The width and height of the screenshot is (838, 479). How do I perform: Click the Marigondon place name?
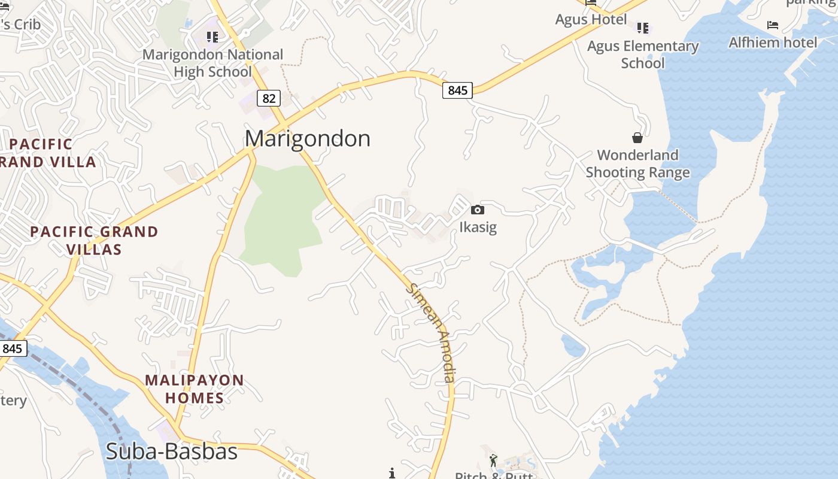click(x=308, y=139)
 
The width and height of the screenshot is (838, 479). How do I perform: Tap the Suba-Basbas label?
click(x=171, y=451)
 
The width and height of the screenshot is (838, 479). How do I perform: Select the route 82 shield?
click(x=269, y=98)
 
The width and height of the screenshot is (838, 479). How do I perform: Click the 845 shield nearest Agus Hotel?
click(x=457, y=90)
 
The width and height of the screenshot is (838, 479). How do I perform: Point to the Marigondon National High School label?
click(x=212, y=63)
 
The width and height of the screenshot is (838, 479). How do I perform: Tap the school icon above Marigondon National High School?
click(x=212, y=37)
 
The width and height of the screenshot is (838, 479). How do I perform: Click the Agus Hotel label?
click(x=591, y=19)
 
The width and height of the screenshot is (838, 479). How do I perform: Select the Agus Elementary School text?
click(x=643, y=54)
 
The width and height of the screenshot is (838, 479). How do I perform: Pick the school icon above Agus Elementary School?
click(x=643, y=28)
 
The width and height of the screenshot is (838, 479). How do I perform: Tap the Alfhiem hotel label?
click(x=772, y=43)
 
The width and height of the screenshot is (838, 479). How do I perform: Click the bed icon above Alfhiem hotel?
click(x=773, y=25)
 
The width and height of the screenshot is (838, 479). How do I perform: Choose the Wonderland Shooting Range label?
click(x=637, y=164)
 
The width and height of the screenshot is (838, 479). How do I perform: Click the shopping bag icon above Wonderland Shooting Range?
click(x=637, y=138)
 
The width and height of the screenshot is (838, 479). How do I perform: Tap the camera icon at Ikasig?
click(x=477, y=210)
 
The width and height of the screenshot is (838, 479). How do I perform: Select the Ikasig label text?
click(x=478, y=228)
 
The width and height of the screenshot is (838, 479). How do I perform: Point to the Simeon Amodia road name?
click(x=432, y=332)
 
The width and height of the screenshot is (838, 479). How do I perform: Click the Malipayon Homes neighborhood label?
click(x=195, y=389)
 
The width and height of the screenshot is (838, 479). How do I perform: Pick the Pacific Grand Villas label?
click(x=94, y=240)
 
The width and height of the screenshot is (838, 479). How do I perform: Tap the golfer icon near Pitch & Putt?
click(x=493, y=460)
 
